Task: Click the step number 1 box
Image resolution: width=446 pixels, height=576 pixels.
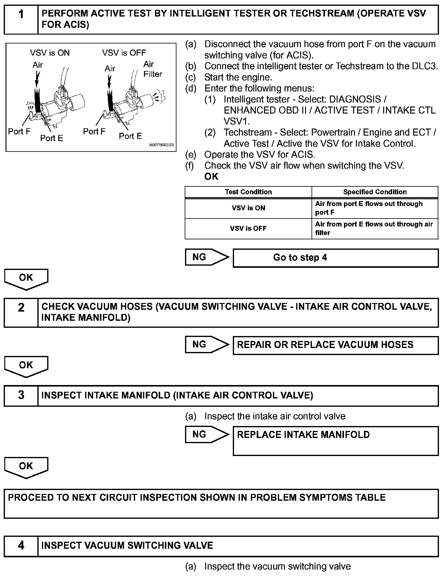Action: [x=21, y=19]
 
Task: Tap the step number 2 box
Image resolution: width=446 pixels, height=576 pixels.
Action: [x=21, y=312]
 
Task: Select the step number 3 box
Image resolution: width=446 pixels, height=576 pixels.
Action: [x=21, y=395]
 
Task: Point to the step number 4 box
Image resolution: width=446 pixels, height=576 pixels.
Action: [x=21, y=545]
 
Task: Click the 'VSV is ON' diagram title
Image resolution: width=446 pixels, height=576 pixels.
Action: [x=50, y=53]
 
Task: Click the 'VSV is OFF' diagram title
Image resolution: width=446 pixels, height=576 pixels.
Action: [x=124, y=53]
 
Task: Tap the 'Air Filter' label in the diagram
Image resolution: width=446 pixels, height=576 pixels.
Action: [x=152, y=69]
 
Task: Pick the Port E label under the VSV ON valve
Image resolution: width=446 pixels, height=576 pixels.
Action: [x=51, y=138]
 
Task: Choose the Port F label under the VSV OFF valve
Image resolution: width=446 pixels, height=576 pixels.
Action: [x=94, y=132]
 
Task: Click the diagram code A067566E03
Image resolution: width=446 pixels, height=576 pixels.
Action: [x=161, y=145]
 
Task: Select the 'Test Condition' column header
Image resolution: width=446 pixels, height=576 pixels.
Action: [x=248, y=192]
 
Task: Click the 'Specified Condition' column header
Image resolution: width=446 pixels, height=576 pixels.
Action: [x=375, y=192]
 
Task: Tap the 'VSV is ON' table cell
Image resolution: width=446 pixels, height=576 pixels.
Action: [x=248, y=208]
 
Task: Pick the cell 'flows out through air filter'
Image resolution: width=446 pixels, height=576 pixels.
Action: [x=374, y=228]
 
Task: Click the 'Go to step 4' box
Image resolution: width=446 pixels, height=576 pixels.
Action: [x=335, y=258]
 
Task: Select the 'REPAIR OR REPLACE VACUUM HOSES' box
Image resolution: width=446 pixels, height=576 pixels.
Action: [x=335, y=345]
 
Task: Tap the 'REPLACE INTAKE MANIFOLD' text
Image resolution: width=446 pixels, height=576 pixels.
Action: [x=303, y=435]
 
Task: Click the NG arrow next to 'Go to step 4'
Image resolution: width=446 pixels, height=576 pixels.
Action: [x=206, y=257]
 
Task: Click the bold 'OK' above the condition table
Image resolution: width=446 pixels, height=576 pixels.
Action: [x=211, y=177]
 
